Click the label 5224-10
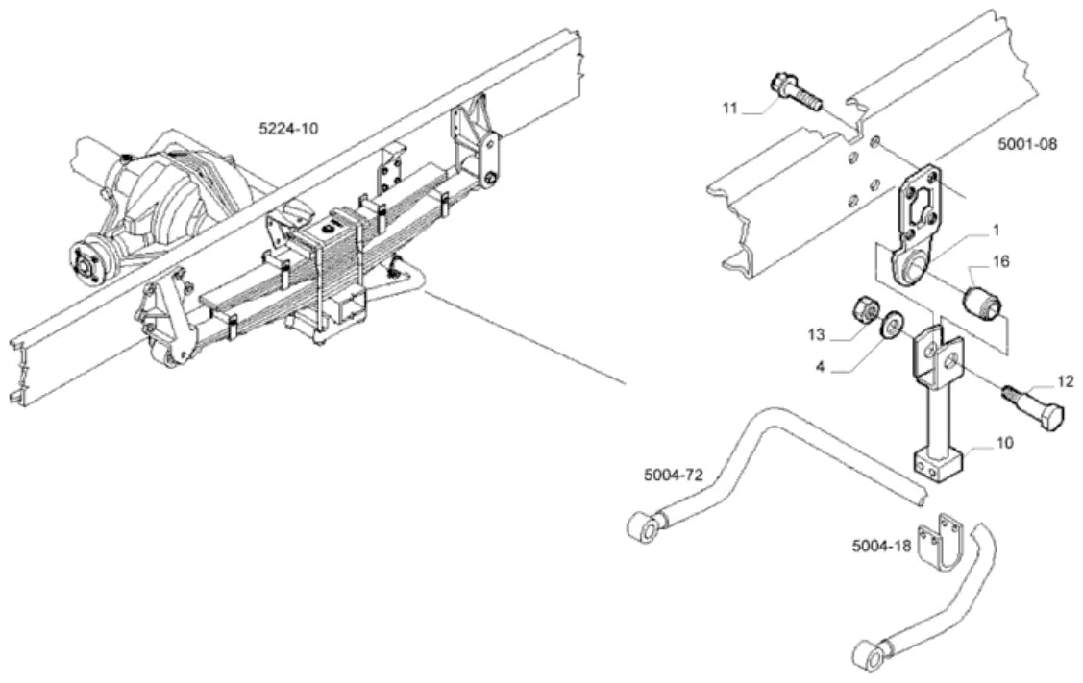[x=288, y=129]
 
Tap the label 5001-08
[x=1027, y=145]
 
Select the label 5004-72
[x=674, y=476]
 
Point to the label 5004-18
[x=882, y=546]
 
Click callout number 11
[x=730, y=109]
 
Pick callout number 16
[x=1000, y=261]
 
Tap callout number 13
[x=817, y=335]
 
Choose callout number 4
[x=820, y=366]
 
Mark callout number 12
[x=1066, y=381]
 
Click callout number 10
[x=1005, y=442]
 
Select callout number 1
[x=996, y=230]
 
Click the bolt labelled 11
[x=795, y=92]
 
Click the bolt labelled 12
[x=1030, y=409]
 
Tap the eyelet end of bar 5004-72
[x=647, y=527]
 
